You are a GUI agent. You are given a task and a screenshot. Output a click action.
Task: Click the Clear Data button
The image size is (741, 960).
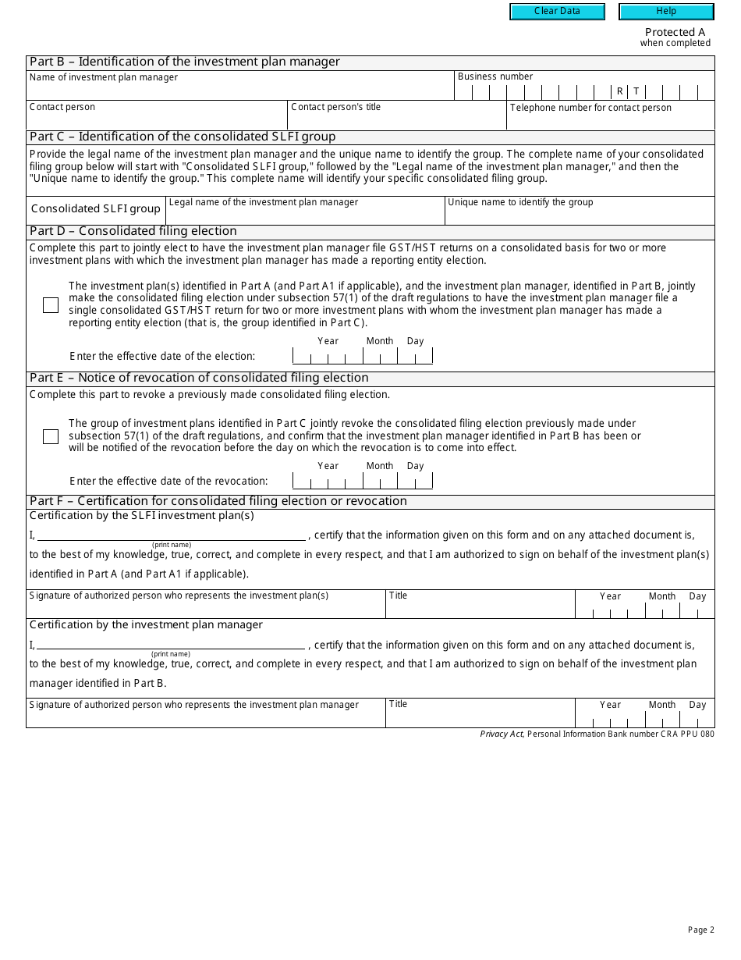click(x=557, y=12)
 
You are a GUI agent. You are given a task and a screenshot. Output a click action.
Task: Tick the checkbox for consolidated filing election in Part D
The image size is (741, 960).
click(x=51, y=305)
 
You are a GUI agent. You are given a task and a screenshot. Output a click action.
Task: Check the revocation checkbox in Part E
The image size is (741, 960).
click(x=51, y=436)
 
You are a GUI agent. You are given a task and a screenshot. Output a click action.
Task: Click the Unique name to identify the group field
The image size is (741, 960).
click(x=580, y=215)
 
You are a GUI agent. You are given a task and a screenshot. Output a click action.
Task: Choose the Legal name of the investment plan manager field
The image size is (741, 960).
click(x=305, y=215)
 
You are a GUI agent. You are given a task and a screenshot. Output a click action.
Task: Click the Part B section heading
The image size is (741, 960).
click(x=185, y=62)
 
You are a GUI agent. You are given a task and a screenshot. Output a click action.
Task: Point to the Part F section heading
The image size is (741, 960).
click(x=218, y=501)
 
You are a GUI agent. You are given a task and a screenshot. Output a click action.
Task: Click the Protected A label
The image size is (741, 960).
click(x=675, y=32)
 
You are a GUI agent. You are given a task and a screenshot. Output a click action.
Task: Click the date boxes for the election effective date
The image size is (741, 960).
click(x=362, y=357)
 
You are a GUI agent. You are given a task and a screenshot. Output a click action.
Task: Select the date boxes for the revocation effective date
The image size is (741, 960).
click(x=362, y=481)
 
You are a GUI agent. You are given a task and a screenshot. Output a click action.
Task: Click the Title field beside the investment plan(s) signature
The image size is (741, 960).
click(x=480, y=608)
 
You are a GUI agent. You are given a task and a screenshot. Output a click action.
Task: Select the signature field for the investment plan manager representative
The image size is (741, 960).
click(x=206, y=717)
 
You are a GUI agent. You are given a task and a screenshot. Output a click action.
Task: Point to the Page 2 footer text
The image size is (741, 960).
click(x=700, y=930)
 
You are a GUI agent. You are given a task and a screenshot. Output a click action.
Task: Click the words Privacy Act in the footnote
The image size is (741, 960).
click(x=502, y=734)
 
